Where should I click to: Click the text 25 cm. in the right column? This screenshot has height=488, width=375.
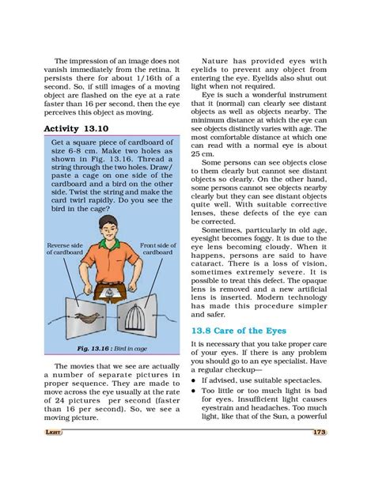[x=204, y=176]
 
